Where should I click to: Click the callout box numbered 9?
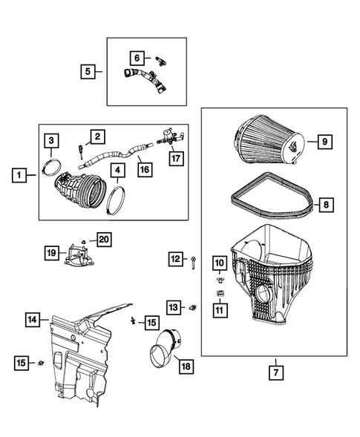coord(324,140)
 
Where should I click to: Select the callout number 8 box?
coord(324,203)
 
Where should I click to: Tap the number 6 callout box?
coord(137,57)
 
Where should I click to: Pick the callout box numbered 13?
coord(174,306)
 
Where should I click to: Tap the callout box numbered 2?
coord(96,137)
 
